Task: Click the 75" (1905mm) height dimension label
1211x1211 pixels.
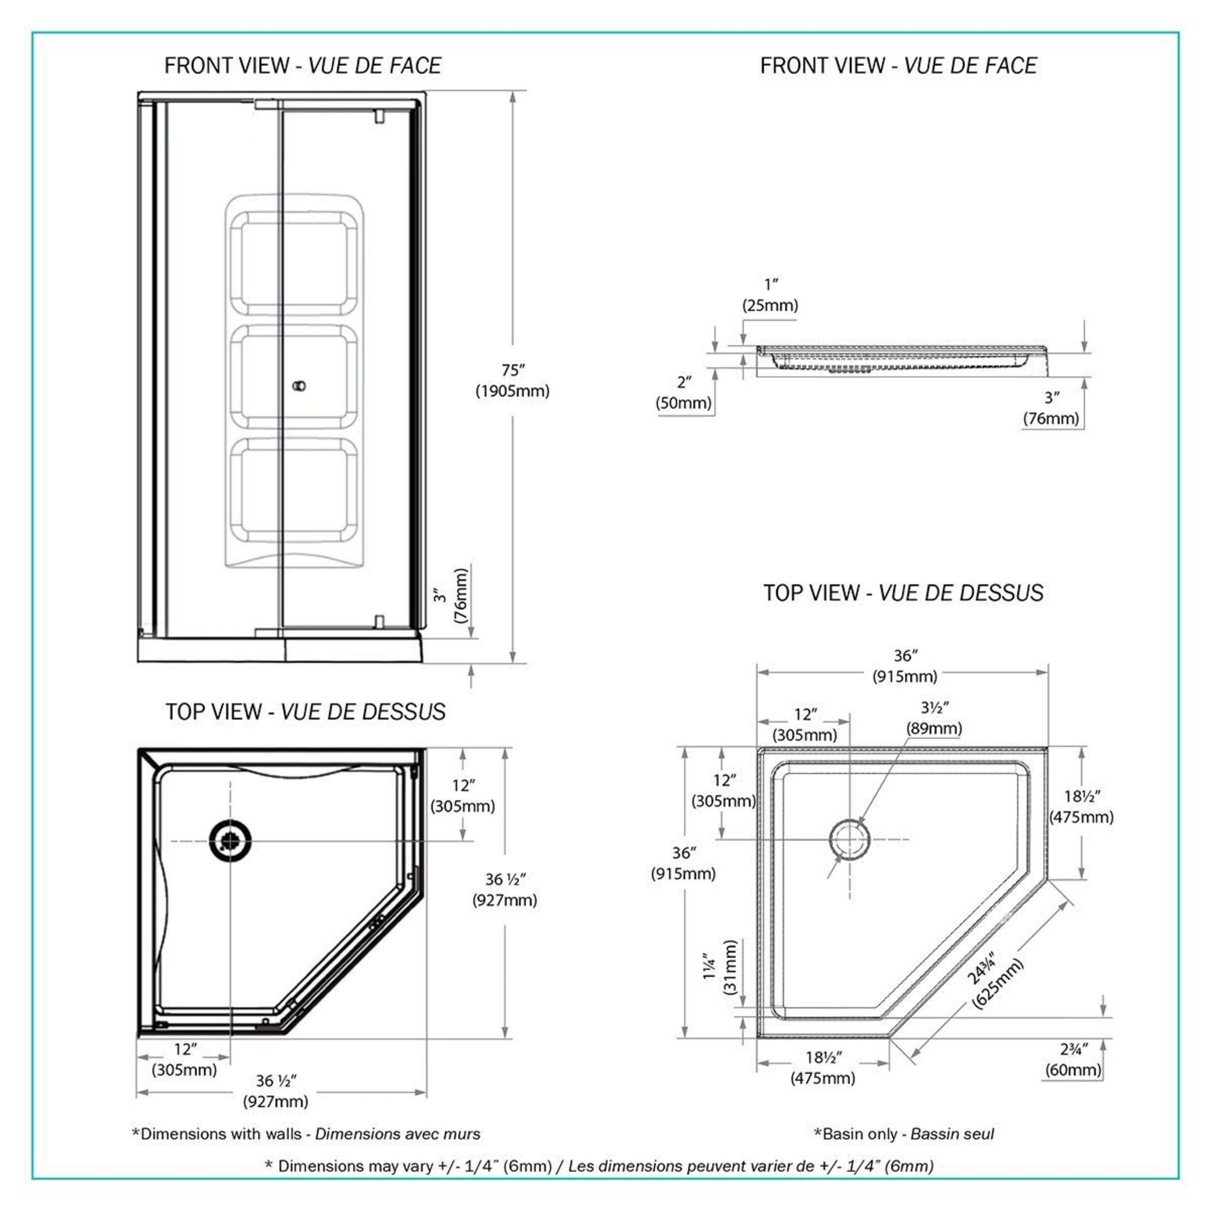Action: coord(512,380)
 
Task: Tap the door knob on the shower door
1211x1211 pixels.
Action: coord(300,386)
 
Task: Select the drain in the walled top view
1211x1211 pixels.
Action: coord(230,840)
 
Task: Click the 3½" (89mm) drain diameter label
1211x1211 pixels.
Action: coord(934,718)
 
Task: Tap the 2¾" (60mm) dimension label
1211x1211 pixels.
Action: coord(1073,1059)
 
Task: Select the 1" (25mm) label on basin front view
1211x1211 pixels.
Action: coord(770,295)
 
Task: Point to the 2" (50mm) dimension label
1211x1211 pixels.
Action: coord(684,392)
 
